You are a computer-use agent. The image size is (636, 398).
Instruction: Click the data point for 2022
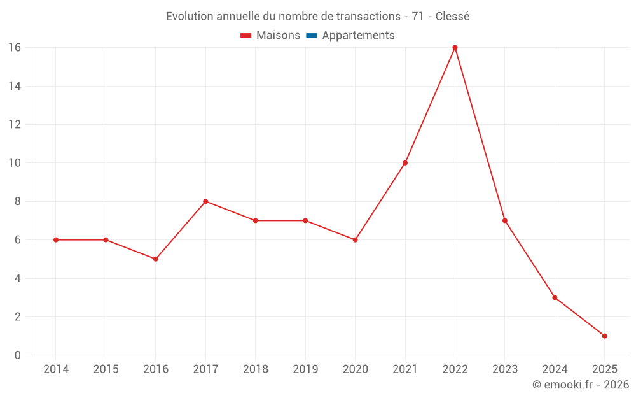click(455, 48)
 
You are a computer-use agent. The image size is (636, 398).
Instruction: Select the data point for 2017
click(205, 201)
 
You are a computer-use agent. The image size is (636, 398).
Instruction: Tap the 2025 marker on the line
click(604, 336)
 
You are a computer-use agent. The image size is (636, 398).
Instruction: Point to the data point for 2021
click(405, 163)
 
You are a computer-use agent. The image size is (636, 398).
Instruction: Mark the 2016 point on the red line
click(155, 259)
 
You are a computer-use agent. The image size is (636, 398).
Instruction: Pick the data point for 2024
click(555, 297)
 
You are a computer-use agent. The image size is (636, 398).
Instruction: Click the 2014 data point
click(56, 240)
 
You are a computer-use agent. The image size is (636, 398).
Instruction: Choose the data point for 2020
click(355, 240)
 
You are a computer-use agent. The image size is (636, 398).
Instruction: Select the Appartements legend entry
click(358, 36)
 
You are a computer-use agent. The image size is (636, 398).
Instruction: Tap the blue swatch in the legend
click(312, 36)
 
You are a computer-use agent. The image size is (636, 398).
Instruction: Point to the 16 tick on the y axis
click(14, 48)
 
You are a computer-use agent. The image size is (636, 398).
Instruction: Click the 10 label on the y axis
click(14, 163)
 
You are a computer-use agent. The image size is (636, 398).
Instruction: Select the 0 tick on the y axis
click(17, 355)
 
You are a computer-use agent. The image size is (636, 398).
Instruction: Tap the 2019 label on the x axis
click(305, 369)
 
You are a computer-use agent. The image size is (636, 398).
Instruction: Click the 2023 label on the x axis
click(505, 369)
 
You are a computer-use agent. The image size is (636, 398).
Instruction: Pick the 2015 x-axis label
click(106, 369)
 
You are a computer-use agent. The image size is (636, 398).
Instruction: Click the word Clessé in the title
click(452, 17)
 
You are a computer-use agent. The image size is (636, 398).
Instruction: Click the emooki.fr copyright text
click(581, 385)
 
